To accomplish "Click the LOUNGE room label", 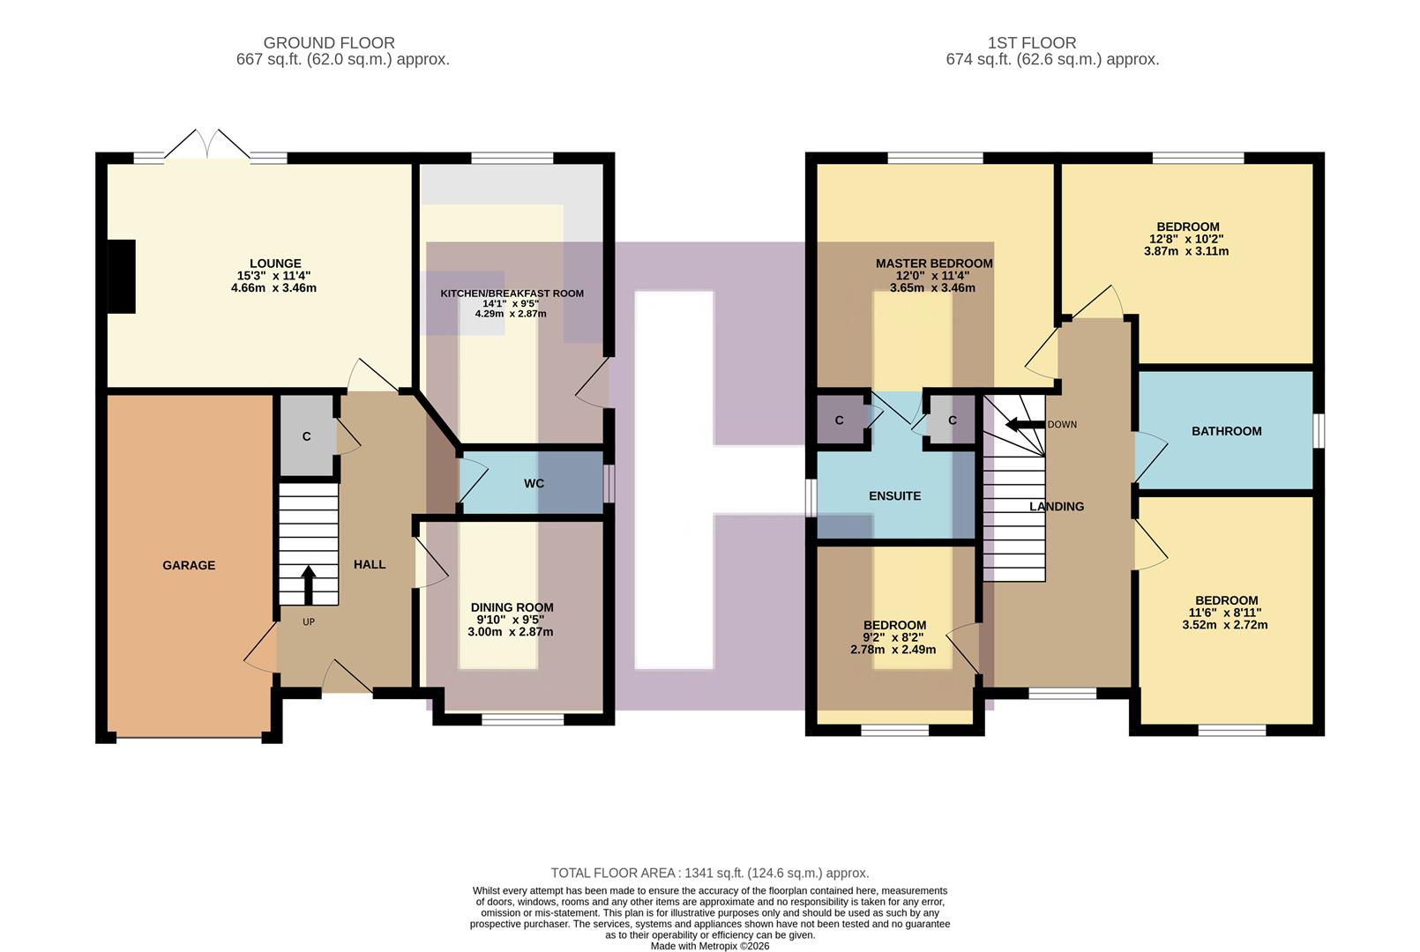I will (275, 263).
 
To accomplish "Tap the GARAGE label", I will (189, 565).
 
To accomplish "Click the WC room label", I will (534, 483).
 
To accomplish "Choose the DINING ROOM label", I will (512, 607).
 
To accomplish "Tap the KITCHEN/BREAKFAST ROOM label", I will (512, 294).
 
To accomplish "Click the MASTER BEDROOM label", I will (934, 263).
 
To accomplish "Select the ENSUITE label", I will (894, 495).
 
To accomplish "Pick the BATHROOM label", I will (1226, 431).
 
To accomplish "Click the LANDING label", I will (1057, 506).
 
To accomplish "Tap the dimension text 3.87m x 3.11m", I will (1185, 251).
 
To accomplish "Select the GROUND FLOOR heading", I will (329, 42).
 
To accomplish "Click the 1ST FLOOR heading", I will (1032, 42).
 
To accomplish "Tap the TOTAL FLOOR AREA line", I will (709, 873).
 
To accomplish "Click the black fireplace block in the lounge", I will (122, 276).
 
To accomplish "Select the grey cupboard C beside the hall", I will (306, 436).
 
